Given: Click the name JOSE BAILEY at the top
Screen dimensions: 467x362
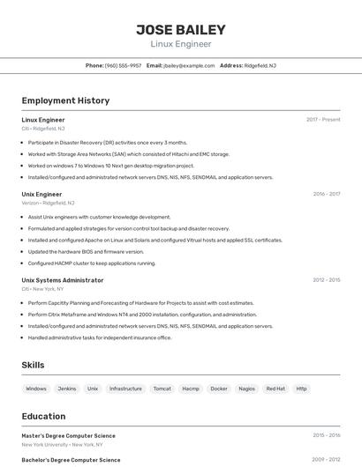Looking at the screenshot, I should pos(180,29).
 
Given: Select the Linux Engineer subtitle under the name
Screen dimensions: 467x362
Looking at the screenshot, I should pos(180,43).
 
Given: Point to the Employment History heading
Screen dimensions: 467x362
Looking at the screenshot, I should pos(65,100).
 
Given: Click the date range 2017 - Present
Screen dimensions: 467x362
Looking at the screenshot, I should pos(323,119).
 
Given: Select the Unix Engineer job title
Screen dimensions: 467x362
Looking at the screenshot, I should pos(41,194).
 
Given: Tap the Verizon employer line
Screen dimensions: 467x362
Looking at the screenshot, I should pos(48,203).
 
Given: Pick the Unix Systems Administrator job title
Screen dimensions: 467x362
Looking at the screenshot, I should pos(63,280).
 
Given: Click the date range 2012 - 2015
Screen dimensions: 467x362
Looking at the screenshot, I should pos(326,280).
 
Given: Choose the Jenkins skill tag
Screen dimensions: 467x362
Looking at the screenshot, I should pos(66,389).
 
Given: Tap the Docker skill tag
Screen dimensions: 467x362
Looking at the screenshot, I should pos(219,389).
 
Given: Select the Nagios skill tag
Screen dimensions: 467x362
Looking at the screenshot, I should pos(247,389).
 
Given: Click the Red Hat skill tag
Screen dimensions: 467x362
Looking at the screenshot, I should pos(275,389).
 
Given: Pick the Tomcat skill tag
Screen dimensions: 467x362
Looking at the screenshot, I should pos(162,389).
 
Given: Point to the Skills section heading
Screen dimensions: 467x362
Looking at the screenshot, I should pos(33,365).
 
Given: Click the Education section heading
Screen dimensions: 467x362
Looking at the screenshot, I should pos(44,416).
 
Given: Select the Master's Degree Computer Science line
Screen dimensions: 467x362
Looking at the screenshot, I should pos(68,435).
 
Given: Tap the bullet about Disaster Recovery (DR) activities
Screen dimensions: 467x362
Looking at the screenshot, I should pos(107,142).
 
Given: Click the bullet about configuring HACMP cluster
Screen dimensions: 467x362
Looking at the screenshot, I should pos(91,263).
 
